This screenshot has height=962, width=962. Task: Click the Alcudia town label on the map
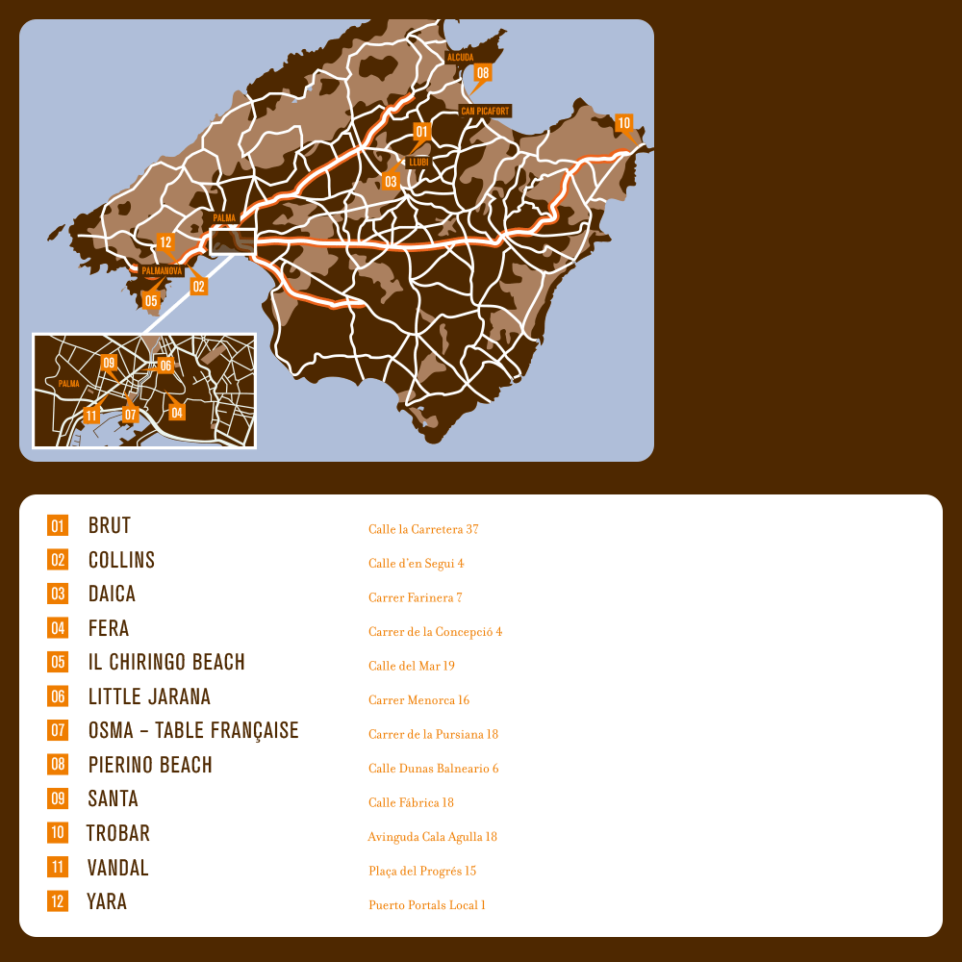[x=461, y=58]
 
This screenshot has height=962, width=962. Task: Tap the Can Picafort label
[x=485, y=112]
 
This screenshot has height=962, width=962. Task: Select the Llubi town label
[x=418, y=162]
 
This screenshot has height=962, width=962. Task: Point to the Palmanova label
[x=162, y=271]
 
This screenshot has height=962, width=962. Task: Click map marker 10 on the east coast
[x=623, y=123]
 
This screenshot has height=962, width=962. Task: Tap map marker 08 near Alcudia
[x=482, y=72]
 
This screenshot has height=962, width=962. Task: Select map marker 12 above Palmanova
[x=165, y=242]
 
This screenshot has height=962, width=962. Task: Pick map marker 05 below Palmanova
[x=151, y=300]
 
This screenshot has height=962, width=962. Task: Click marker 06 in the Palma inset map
[x=165, y=366]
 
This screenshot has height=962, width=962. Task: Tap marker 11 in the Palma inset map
[x=90, y=416]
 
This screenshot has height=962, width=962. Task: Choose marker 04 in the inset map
[x=177, y=413]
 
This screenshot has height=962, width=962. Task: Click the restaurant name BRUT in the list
[x=109, y=526]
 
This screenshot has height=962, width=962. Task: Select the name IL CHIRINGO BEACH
[x=166, y=663]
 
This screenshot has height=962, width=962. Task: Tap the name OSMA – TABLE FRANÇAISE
[x=193, y=731]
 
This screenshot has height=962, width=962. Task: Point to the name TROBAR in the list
[x=118, y=833]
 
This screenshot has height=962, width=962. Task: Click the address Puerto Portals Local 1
[x=427, y=905]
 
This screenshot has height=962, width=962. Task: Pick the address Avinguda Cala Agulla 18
[x=432, y=837]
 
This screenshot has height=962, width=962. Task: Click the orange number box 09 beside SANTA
[x=58, y=798]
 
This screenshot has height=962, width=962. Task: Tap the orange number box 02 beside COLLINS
[x=58, y=560]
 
